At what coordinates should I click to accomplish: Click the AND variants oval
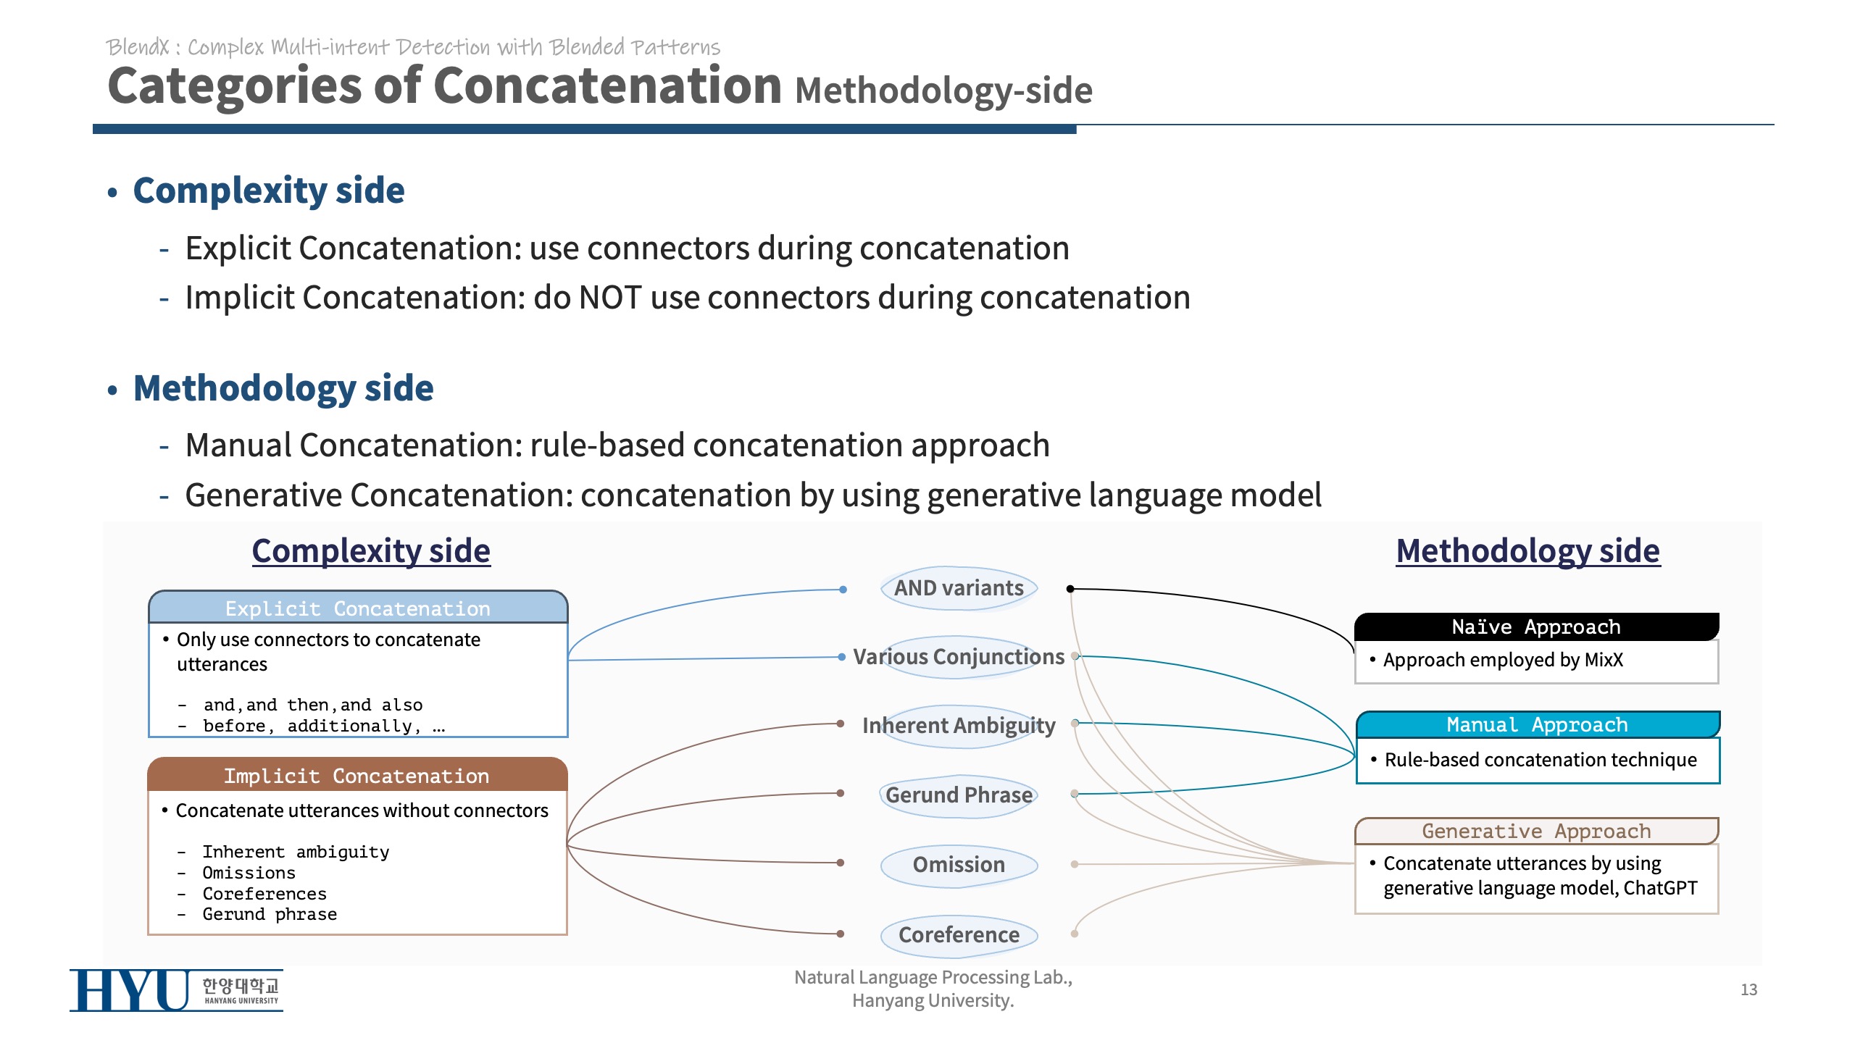(959, 588)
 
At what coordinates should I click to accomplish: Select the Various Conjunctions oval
(959, 657)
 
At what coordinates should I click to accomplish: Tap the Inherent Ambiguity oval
(959, 726)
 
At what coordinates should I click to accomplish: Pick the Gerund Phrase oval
(959, 795)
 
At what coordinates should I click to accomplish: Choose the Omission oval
(959, 865)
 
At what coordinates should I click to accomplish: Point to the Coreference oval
(959, 934)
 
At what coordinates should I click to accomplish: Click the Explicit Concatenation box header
(358, 608)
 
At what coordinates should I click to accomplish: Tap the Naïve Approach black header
(1536, 627)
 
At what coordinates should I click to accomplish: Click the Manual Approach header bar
(1537, 725)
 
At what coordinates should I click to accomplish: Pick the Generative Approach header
(1536, 831)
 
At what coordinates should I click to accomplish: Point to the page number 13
(1748, 989)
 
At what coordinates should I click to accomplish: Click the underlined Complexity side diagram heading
(371, 551)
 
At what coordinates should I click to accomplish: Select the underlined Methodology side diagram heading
(1527, 551)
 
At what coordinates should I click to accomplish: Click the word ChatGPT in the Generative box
(1660, 888)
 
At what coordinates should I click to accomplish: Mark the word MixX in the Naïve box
(1603, 660)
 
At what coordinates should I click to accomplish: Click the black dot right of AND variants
(1070, 589)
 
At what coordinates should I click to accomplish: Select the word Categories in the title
(234, 86)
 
